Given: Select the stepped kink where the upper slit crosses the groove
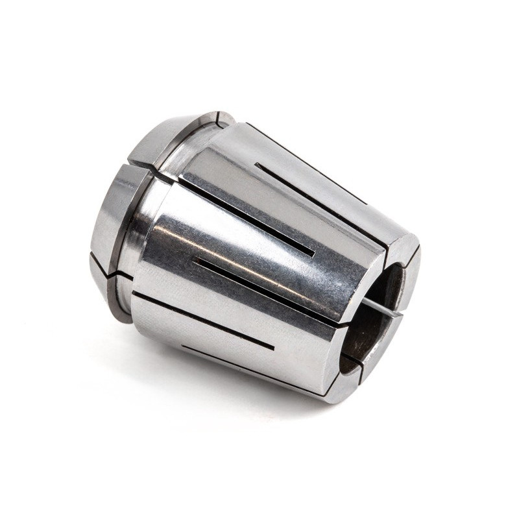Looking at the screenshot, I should (156, 173).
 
